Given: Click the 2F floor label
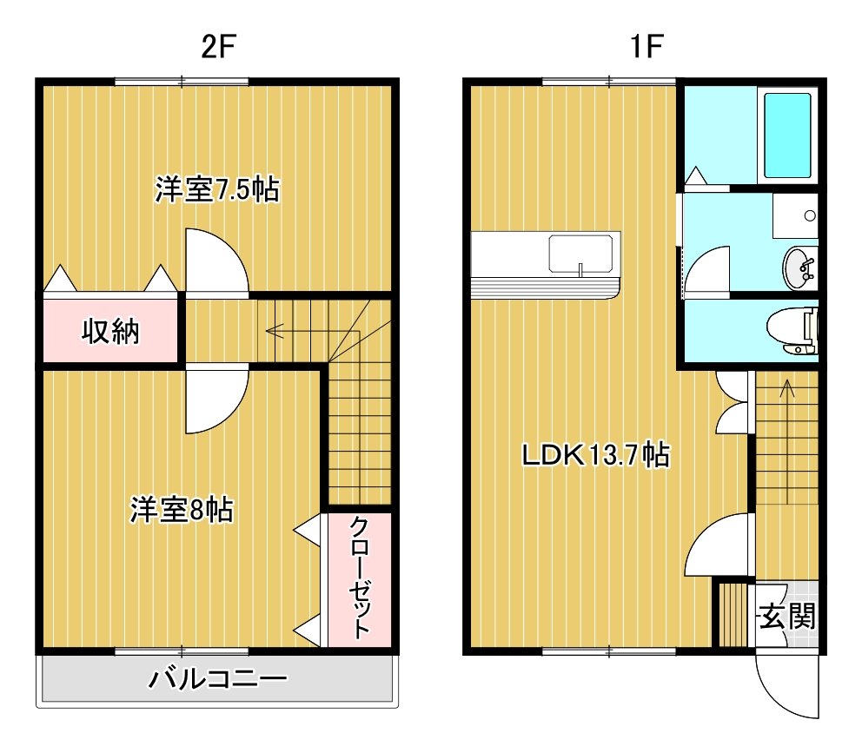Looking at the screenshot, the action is [218, 46].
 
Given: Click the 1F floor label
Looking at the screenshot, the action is [646, 46].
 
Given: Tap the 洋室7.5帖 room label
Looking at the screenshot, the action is [217, 189].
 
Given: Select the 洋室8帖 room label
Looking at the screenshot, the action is [182, 510].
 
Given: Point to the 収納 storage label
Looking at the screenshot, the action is [110, 331].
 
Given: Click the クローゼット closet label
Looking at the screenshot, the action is [360, 577].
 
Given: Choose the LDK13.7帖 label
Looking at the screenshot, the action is [596, 454].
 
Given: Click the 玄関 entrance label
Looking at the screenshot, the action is [788, 616].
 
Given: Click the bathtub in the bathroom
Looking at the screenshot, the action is [787, 135].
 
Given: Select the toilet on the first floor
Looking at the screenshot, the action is [792, 331].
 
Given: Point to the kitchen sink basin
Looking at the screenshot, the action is [580, 254].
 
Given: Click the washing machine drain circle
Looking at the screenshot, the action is [810, 215].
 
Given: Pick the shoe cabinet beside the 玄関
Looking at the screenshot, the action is [733, 615].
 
